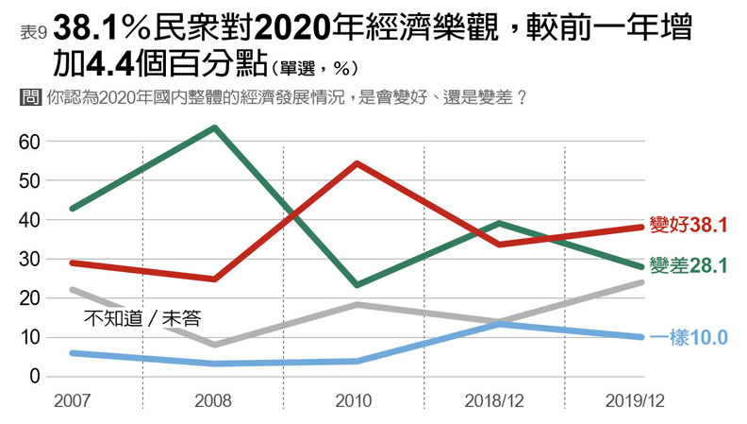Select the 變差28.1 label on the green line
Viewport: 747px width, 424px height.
click(x=689, y=266)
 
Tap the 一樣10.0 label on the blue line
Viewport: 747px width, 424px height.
click(x=689, y=337)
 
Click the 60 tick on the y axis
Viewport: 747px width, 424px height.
click(x=28, y=142)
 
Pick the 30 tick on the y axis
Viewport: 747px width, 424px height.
click(x=28, y=259)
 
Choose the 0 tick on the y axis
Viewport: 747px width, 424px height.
click(x=34, y=377)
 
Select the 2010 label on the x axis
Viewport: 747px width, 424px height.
click(x=354, y=400)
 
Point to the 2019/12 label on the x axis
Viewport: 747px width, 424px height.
click(x=638, y=400)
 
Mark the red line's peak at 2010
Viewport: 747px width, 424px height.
click(x=356, y=163)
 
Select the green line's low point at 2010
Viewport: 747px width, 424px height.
click(x=356, y=284)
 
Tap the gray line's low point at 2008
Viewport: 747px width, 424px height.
click(x=214, y=345)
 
